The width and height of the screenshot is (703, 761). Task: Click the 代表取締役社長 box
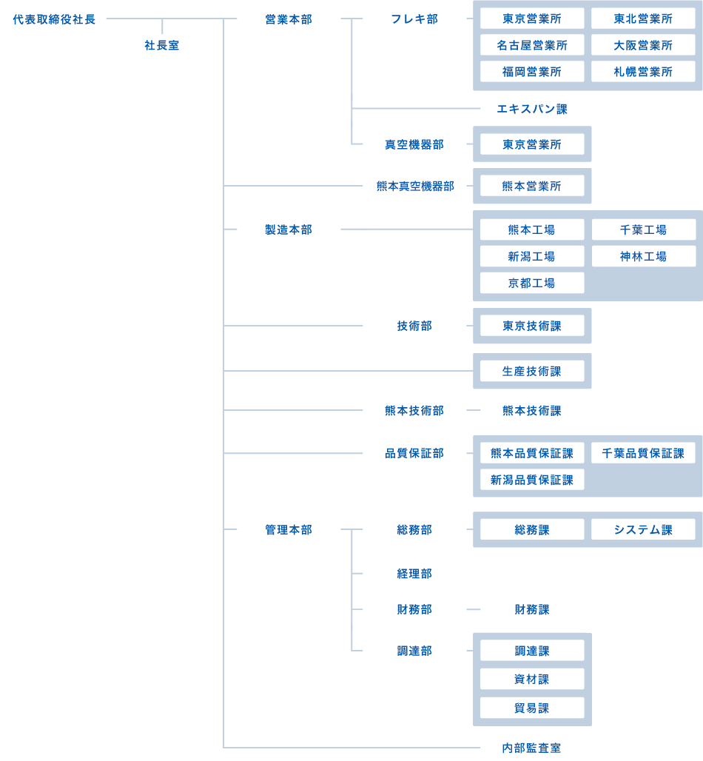54,19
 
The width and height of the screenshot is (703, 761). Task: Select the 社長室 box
162,45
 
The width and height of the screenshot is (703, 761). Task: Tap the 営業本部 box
289,19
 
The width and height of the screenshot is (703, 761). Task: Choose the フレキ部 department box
414,19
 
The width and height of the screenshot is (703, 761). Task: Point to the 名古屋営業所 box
532,45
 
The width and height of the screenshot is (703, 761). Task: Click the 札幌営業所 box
643,72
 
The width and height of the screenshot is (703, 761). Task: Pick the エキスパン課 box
532,109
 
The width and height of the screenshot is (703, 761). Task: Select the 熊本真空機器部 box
414,186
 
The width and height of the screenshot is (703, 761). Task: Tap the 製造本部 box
289,229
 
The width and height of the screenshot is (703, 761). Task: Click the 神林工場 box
643,256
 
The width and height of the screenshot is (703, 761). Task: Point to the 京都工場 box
532,283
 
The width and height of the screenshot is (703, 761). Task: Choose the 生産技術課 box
532,371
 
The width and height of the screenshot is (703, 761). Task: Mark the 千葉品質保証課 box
643,453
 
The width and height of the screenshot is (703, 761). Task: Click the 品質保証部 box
414,453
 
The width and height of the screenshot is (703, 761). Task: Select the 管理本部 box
289,529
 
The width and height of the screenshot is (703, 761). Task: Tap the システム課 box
643,529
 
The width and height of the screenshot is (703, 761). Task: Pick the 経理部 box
414,573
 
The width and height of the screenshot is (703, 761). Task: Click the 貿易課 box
532,708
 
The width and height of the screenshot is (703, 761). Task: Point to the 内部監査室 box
532,748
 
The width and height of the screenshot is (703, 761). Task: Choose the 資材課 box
532,679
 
